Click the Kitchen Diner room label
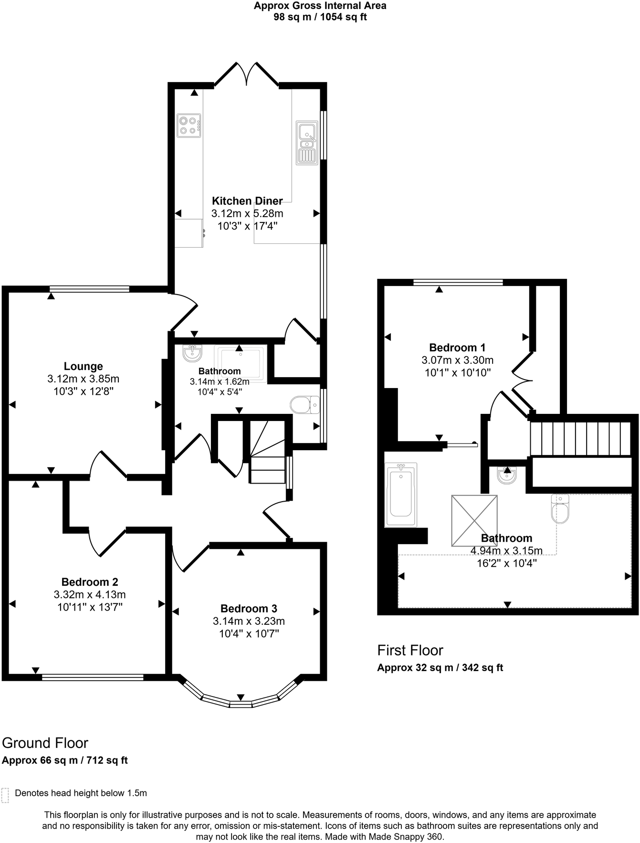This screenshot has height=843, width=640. click(x=247, y=201)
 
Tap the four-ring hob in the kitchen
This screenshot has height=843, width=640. click(x=189, y=126)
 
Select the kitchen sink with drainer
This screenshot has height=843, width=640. click(x=307, y=143)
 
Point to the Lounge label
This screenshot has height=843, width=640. click(x=84, y=366)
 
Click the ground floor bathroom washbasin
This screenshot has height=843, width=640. click(x=192, y=353)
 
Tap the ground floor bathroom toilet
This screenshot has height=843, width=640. click(x=305, y=404)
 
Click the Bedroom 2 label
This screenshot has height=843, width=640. click(x=90, y=582)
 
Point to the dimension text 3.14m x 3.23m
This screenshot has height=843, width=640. click(x=249, y=621)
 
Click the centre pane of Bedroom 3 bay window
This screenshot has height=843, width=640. click(x=241, y=704)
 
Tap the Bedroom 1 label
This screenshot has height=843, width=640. click(x=457, y=348)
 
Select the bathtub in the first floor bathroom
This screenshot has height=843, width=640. click(x=400, y=495)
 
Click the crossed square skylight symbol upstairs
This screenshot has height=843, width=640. click(x=474, y=520)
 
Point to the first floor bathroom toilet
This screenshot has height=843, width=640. click(x=560, y=509)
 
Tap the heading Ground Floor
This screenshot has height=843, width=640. click(x=45, y=743)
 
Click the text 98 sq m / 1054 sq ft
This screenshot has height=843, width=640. click(x=320, y=17)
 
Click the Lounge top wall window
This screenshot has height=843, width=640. click(x=89, y=288)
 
